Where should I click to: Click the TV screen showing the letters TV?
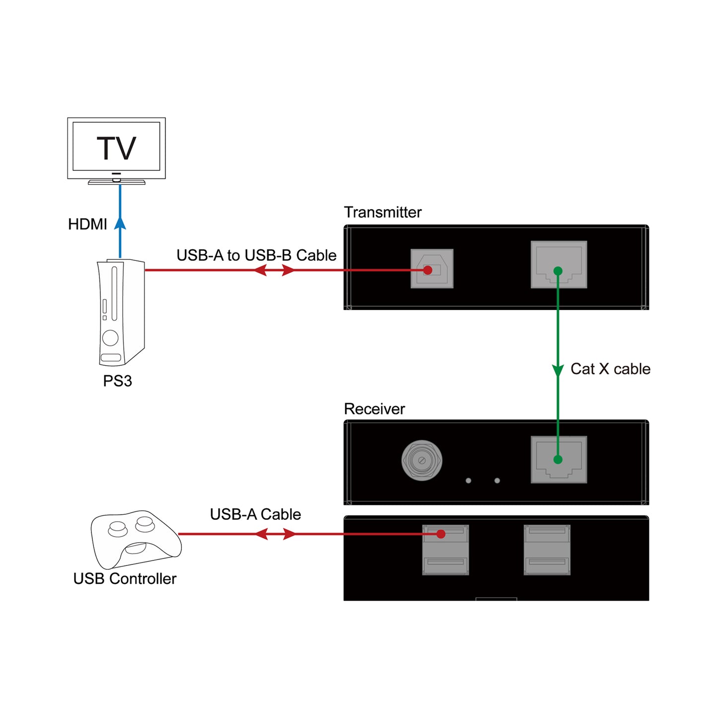click(x=116, y=147)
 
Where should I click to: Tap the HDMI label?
click(x=87, y=224)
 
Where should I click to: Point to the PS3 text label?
click(x=117, y=381)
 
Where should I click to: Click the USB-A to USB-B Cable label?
click(x=256, y=255)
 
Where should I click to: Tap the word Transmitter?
click(x=383, y=212)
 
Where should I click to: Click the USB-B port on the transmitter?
click(x=432, y=269)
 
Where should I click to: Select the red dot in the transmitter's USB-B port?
click(x=428, y=270)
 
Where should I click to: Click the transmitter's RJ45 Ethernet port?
click(x=558, y=264)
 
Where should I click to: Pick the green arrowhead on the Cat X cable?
click(x=558, y=370)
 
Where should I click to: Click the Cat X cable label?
click(x=610, y=369)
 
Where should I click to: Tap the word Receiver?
click(x=374, y=409)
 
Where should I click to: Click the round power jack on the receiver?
click(x=421, y=460)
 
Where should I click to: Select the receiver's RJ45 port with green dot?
click(x=558, y=460)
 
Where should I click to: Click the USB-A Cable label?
click(x=255, y=514)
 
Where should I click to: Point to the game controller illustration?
click(x=135, y=539)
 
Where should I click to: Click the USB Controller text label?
click(x=125, y=579)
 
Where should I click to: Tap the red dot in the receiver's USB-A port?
click(x=441, y=534)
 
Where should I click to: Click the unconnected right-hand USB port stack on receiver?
click(x=547, y=550)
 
